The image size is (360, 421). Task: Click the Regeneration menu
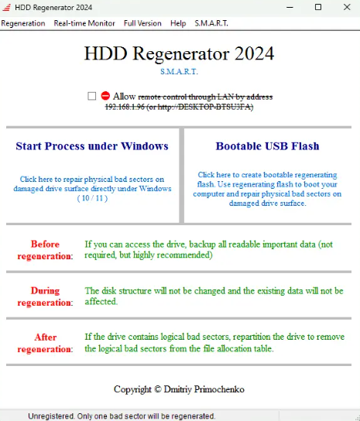[23, 23]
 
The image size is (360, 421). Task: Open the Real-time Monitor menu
[84, 23]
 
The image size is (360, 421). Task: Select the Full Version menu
[142, 23]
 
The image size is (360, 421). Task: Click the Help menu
[178, 23]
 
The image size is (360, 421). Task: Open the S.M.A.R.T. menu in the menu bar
[211, 23]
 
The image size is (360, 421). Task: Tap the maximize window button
[317, 7]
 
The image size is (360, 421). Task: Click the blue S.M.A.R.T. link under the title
[179, 72]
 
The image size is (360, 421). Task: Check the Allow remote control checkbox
[92, 96]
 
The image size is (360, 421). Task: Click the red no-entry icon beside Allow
[105, 96]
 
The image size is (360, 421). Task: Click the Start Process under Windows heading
[92, 145]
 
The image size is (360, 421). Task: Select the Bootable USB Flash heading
[267, 145]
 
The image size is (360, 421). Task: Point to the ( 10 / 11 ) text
[92, 198]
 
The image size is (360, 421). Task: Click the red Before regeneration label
[45, 249]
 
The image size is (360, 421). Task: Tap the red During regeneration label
[45, 296]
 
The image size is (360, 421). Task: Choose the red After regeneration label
[45, 343]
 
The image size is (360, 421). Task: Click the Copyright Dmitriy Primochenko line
[179, 388]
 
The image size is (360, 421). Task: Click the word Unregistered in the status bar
[50, 416]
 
